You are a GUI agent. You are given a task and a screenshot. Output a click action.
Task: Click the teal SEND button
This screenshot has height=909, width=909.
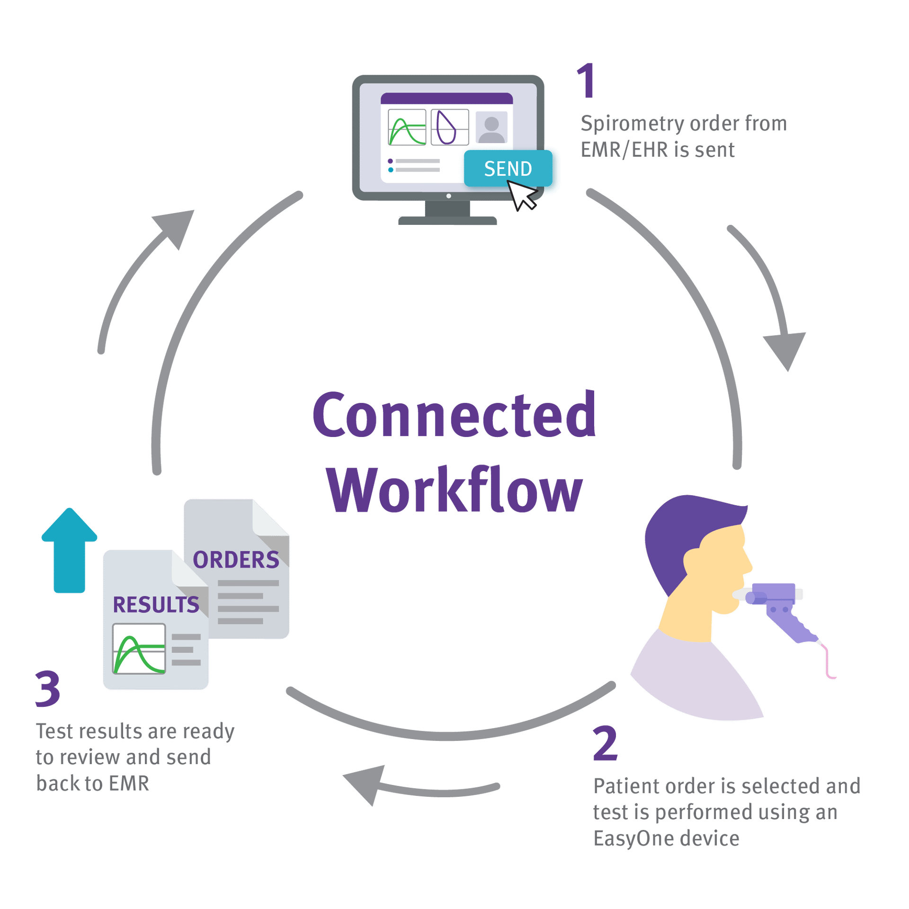click(x=508, y=169)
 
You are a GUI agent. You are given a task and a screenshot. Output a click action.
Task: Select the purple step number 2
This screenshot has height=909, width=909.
click(x=605, y=743)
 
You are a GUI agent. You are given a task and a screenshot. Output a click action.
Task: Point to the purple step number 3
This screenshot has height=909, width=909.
click(x=48, y=688)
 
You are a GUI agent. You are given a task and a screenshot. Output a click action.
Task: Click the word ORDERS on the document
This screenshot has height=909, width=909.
click(x=236, y=560)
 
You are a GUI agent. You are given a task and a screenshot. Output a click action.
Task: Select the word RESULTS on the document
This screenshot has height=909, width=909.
click(x=156, y=605)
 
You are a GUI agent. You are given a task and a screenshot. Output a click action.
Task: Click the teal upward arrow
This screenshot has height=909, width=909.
click(x=70, y=549)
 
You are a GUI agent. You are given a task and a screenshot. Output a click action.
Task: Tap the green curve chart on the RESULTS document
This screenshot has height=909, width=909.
click(x=139, y=649)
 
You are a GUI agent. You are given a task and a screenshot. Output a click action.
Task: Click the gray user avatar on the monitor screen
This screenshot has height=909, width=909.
click(x=491, y=128)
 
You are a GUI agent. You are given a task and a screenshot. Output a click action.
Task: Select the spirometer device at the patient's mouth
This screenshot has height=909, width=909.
click(x=776, y=606)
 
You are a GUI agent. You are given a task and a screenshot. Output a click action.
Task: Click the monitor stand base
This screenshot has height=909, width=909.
click(x=447, y=220)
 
